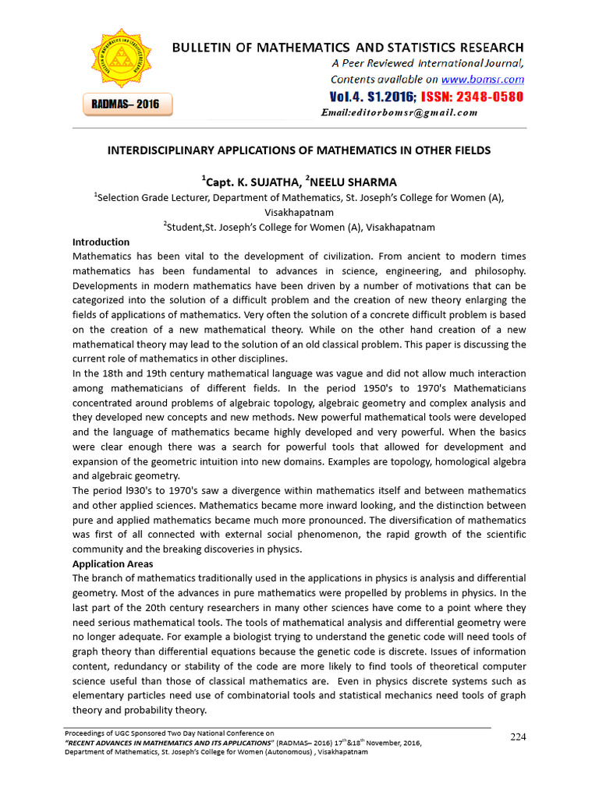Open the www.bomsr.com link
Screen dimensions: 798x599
coord(483,79)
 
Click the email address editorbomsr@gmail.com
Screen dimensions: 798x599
coord(399,113)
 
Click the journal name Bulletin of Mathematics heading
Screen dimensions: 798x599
coord(348,48)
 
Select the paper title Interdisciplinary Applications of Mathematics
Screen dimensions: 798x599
coord(299,150)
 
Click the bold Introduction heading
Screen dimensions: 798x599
coord(101,242)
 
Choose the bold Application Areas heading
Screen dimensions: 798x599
coord(112,563)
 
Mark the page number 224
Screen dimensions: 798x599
coord(519,737)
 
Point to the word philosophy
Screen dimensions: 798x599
coord(498,271)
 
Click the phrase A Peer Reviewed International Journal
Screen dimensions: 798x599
coord(427,64)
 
